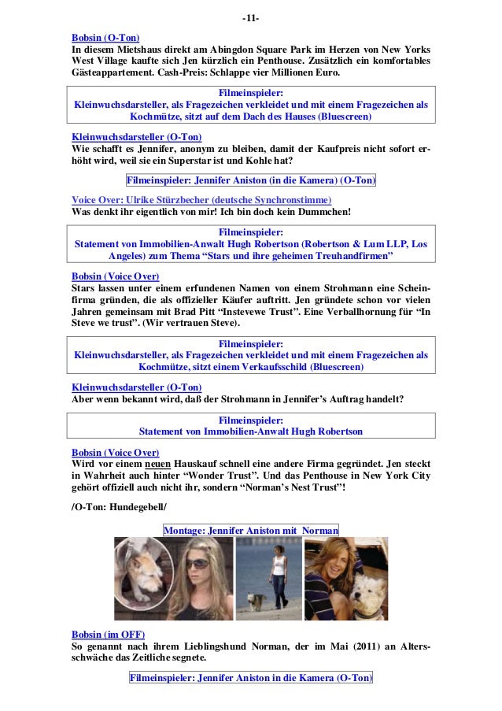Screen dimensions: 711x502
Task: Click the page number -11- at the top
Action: click(251, 18)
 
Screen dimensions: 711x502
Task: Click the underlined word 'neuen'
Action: click(146, 465)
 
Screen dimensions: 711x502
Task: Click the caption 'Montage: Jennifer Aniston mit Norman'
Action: click(251, 530)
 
